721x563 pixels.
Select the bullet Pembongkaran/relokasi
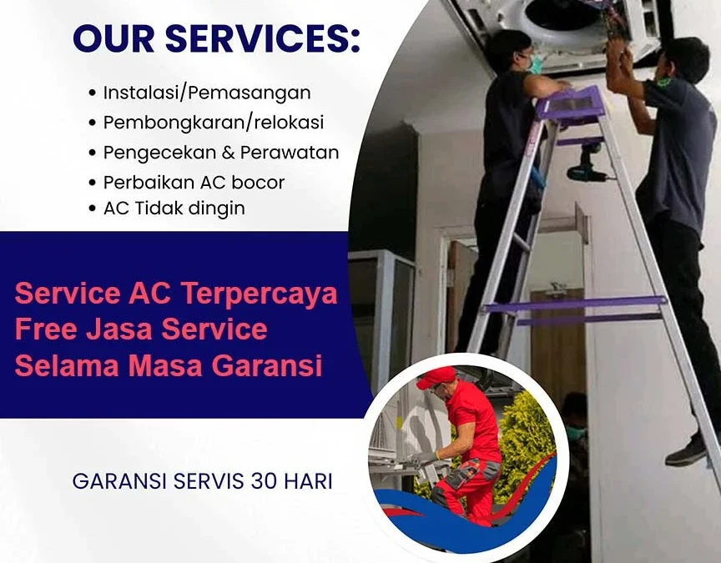(x=214, y=122)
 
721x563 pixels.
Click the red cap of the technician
(x=436, y=378)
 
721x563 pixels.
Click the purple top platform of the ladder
(x=572, y=104)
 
